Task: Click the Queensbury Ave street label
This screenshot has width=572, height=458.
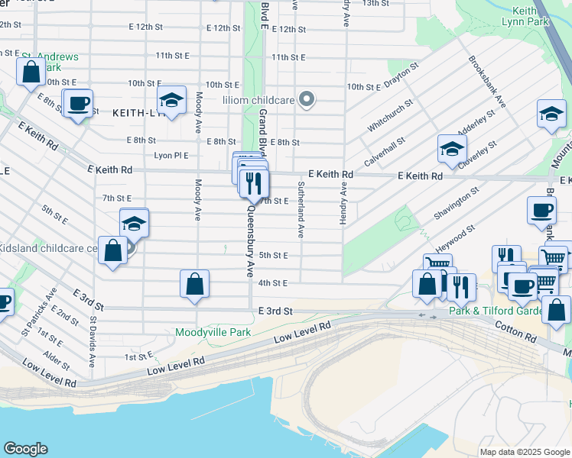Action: (x=249, y=239)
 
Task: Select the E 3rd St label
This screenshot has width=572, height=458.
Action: (x=275, y=311)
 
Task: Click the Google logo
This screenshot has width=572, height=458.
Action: (x=25, y=449)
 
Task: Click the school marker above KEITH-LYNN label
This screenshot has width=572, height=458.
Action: (x=172, y=100)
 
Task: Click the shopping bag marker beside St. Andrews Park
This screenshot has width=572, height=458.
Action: (x=31, y=73)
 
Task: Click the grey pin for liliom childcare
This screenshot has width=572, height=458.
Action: (x=307, y=99)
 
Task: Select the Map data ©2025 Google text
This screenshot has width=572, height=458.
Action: (x=525, y=452)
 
